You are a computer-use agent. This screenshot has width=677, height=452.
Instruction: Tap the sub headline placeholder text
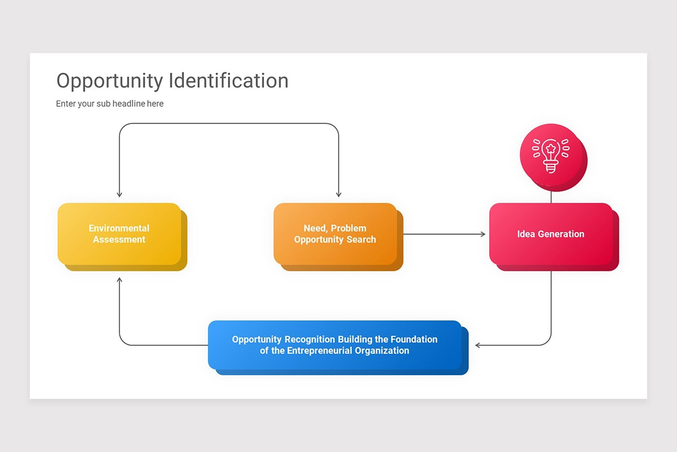coord(109,104)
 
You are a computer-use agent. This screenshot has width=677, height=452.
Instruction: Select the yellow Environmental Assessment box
coord(119,234)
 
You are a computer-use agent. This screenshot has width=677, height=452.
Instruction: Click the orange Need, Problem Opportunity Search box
coord(335,234)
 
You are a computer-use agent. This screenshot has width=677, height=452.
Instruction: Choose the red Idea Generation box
coord(551,234)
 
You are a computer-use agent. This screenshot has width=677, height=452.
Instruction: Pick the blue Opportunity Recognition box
coord(335,345)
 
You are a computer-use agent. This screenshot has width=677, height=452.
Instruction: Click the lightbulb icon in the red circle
coord(551,157)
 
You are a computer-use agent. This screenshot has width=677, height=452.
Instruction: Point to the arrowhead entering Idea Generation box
coord(483,234)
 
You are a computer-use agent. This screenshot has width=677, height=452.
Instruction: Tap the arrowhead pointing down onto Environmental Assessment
coord(119,194)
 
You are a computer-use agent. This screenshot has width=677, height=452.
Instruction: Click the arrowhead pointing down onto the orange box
coord(338,194)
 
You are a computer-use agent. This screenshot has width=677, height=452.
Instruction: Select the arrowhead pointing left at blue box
coord(478,345)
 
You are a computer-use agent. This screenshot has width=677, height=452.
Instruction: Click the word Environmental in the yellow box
coord(119,228)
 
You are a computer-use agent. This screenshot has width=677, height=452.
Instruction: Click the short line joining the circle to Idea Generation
coord(551,197)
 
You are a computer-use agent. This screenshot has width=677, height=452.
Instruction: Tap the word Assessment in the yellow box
coord(119,240)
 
